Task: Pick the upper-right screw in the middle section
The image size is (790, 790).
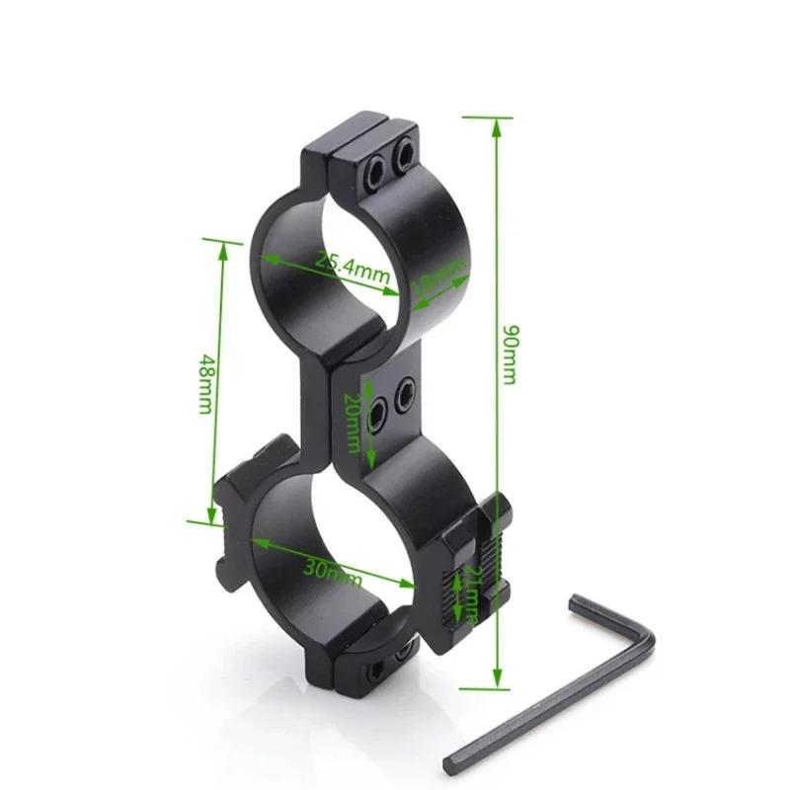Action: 404,396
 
